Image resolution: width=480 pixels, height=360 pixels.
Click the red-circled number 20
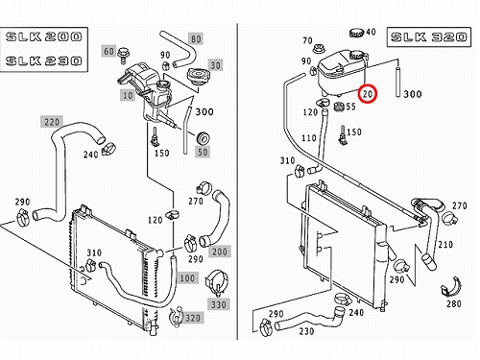click(x=368, y=94)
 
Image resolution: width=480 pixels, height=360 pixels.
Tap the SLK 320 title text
click(x=429, y=37)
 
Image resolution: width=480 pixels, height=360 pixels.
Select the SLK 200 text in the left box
click(x=44, y=36)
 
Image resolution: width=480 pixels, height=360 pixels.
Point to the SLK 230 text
click(x=44, y=60)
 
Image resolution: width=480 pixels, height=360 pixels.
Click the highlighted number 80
click(x=196, y=39)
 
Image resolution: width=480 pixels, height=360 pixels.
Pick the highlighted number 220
click(x=52, y=122)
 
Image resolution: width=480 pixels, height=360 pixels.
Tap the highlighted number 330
click(x=219, y=304)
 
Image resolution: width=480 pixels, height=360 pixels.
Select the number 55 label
click(x=350, y=107)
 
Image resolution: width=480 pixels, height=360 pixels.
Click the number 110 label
click(x=309, y=138)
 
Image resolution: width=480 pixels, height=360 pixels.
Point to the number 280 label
click(x=454, y=303)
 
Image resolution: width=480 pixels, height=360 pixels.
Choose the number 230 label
click(x=306, y=331)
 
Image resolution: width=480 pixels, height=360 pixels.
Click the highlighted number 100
click(x=187, y=278)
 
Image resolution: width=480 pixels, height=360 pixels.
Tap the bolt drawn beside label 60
click(x=122, y=56)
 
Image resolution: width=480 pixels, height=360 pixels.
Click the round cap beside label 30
click(x=197, y=76)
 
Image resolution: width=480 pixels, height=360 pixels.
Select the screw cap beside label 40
click(x=357, y=33)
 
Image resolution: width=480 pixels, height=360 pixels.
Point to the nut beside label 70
click(x=319, y=49)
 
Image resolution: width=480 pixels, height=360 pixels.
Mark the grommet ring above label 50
click(x=203, y=138)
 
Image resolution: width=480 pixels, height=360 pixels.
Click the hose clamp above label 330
click(x=217, y=282)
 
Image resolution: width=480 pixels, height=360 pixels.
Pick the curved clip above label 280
click(x=451, y=287)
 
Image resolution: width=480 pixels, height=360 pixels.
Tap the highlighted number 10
click(x=128, y=95)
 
